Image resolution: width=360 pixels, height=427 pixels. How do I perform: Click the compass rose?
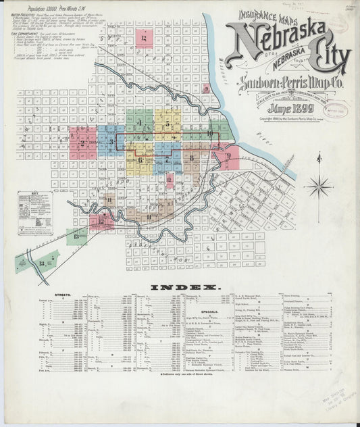(319, 184)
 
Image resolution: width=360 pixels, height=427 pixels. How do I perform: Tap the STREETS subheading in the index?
(59, 295)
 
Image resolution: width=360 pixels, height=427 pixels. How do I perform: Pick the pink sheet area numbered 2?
(82, 143)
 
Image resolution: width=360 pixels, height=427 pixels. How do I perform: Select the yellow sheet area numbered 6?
(140, 159)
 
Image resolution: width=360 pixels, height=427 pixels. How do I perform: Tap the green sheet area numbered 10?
(210, 133)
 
